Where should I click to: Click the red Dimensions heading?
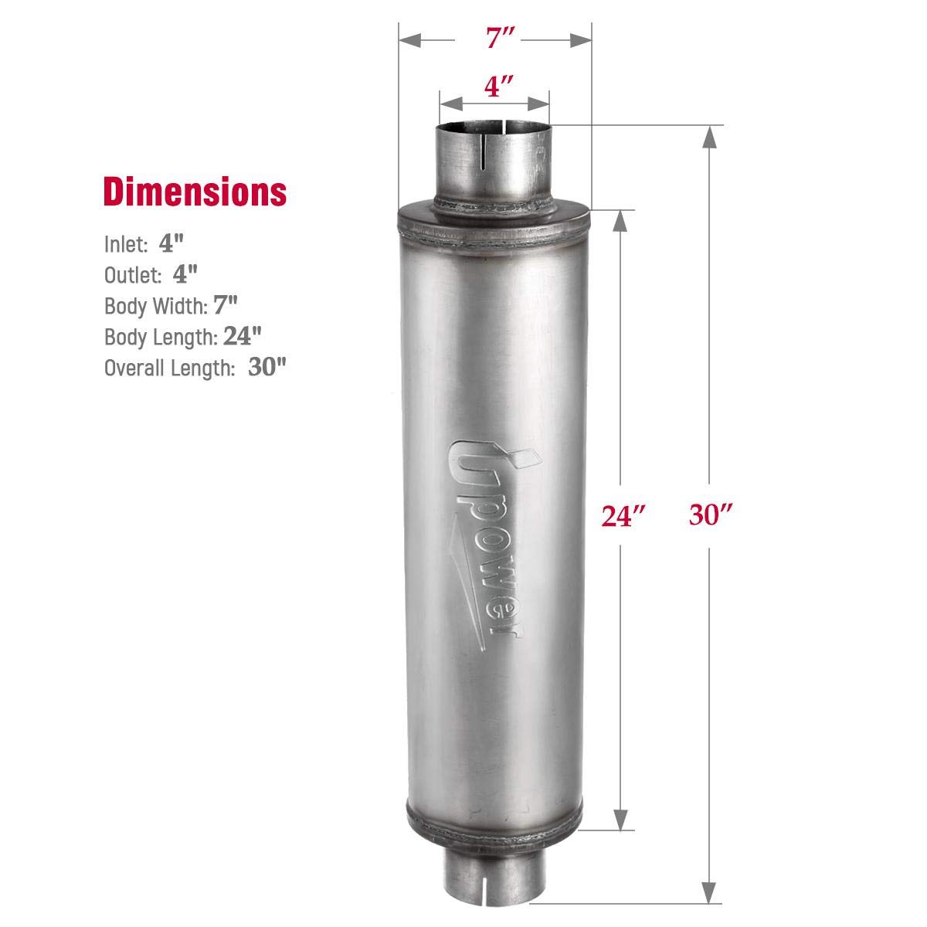pyautogui.click(x=195, y=192)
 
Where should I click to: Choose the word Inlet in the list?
pyautogui.click(x=126, y=245)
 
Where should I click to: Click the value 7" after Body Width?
pyautogui.click(x=224, y=305)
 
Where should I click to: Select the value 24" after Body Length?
pyautogui.click(x=243, y=336)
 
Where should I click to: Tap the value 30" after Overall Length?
pyautogui.click(x=267, y=367)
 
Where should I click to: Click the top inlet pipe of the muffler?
pyautogui.click(x=494, y=166)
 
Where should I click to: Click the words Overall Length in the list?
pyautogui.click(x=169, y=368)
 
